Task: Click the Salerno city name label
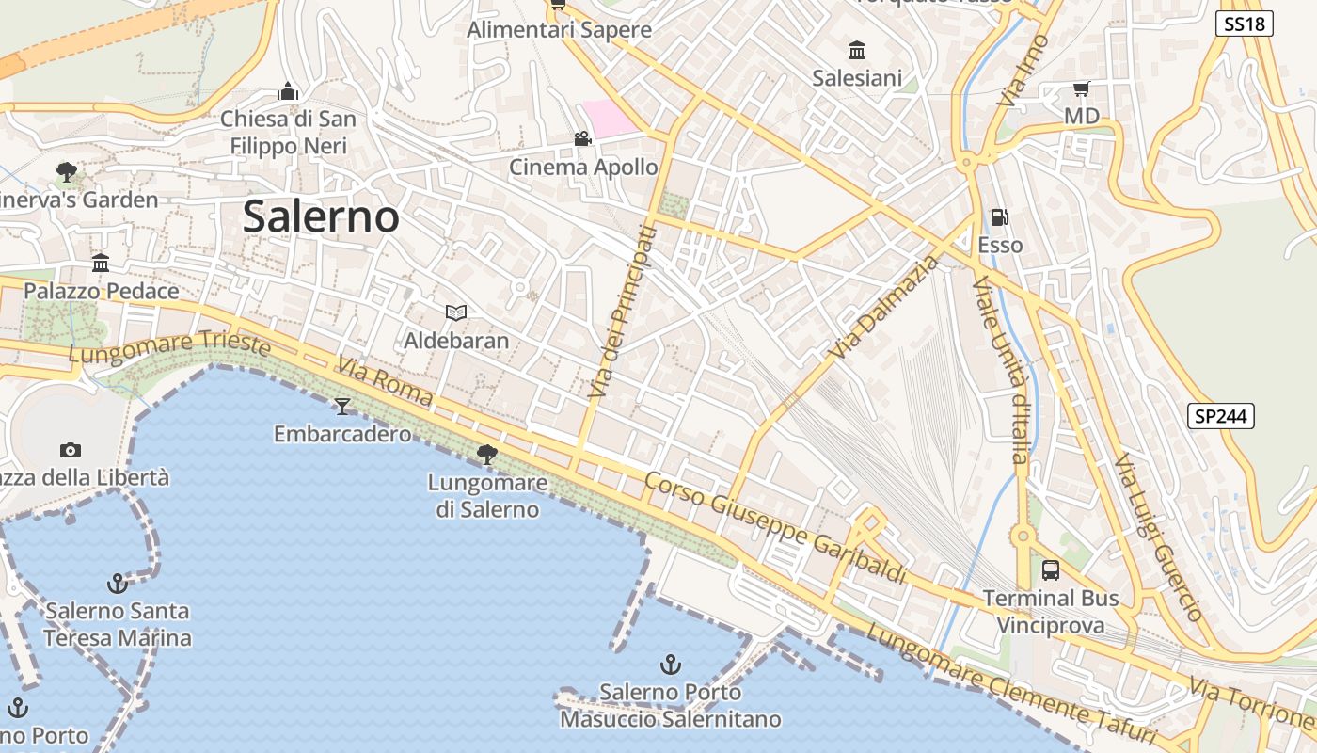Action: coord(321,216)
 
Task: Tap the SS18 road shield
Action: coord(1246,24)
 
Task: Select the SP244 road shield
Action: coord(1221,416)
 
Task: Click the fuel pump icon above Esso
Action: coord(999,217)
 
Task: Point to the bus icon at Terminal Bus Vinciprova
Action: coord(1051,569)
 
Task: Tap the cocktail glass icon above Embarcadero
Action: coord(342,406)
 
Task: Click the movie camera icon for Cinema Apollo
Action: coord(583,139)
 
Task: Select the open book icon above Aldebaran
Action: coord(456,312)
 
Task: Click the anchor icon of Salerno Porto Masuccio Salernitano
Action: coord(670,665)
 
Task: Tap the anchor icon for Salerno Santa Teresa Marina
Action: coord(117,584)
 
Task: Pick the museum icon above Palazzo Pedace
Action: coord(101,263)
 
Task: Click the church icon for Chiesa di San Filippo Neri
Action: coord(288,91)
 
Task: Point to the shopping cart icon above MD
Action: coord(1081,88)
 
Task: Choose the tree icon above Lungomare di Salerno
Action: coord(487,455)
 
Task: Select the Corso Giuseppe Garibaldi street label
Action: coord(775,527)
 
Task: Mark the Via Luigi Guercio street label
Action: coord(1158,537)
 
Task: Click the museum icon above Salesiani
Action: coord(857,50)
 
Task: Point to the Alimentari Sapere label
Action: coord(560,29)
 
